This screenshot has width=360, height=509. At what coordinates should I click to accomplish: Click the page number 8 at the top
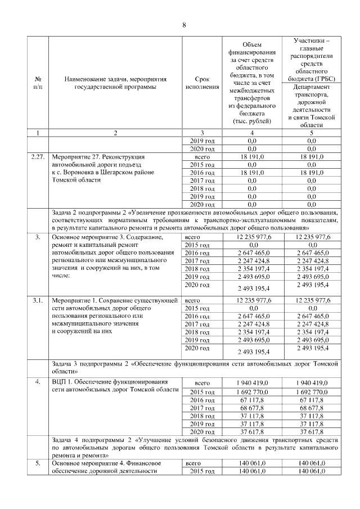[x=183, y=24]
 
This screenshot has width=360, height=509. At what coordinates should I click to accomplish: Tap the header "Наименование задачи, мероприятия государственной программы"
[x=115, y=83]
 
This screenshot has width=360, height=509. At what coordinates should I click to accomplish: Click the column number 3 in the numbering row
[x=201, y=133]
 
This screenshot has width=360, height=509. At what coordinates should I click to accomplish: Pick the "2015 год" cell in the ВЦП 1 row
[x=201, y=391]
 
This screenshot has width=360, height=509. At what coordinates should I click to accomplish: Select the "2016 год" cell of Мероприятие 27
[x=201, y=173]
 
